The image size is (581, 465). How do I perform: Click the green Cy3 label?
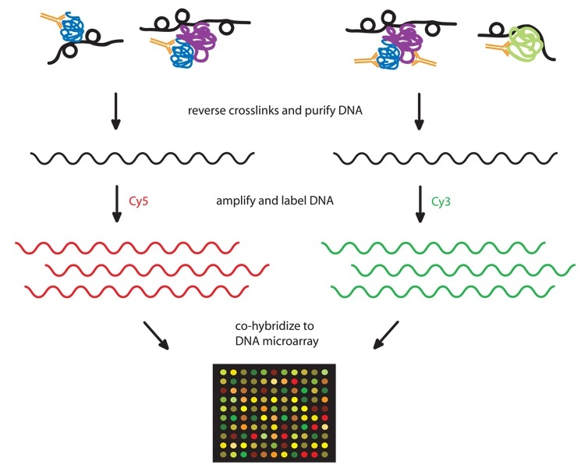(x=442, y=201)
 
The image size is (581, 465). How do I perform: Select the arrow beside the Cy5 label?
(x=115, y=204)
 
